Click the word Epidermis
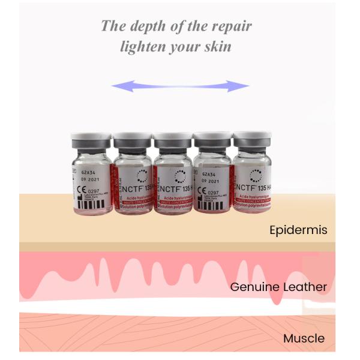click(x=298, y=230)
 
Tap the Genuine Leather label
click(x=278, y=287)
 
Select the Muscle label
click(x=304, y=338)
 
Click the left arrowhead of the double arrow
click(x=118, y=86)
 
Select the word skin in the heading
click(x=217, y=47)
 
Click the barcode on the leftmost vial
click(x=84, y=208)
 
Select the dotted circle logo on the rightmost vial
click(x=256, y=175)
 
